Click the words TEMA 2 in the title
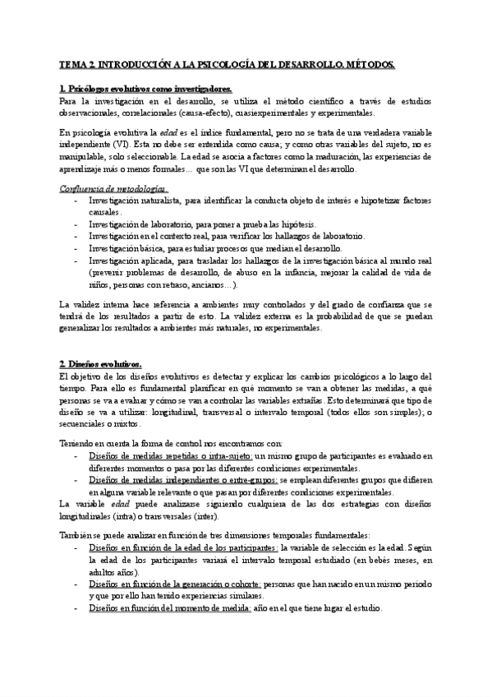click(80, 63)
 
